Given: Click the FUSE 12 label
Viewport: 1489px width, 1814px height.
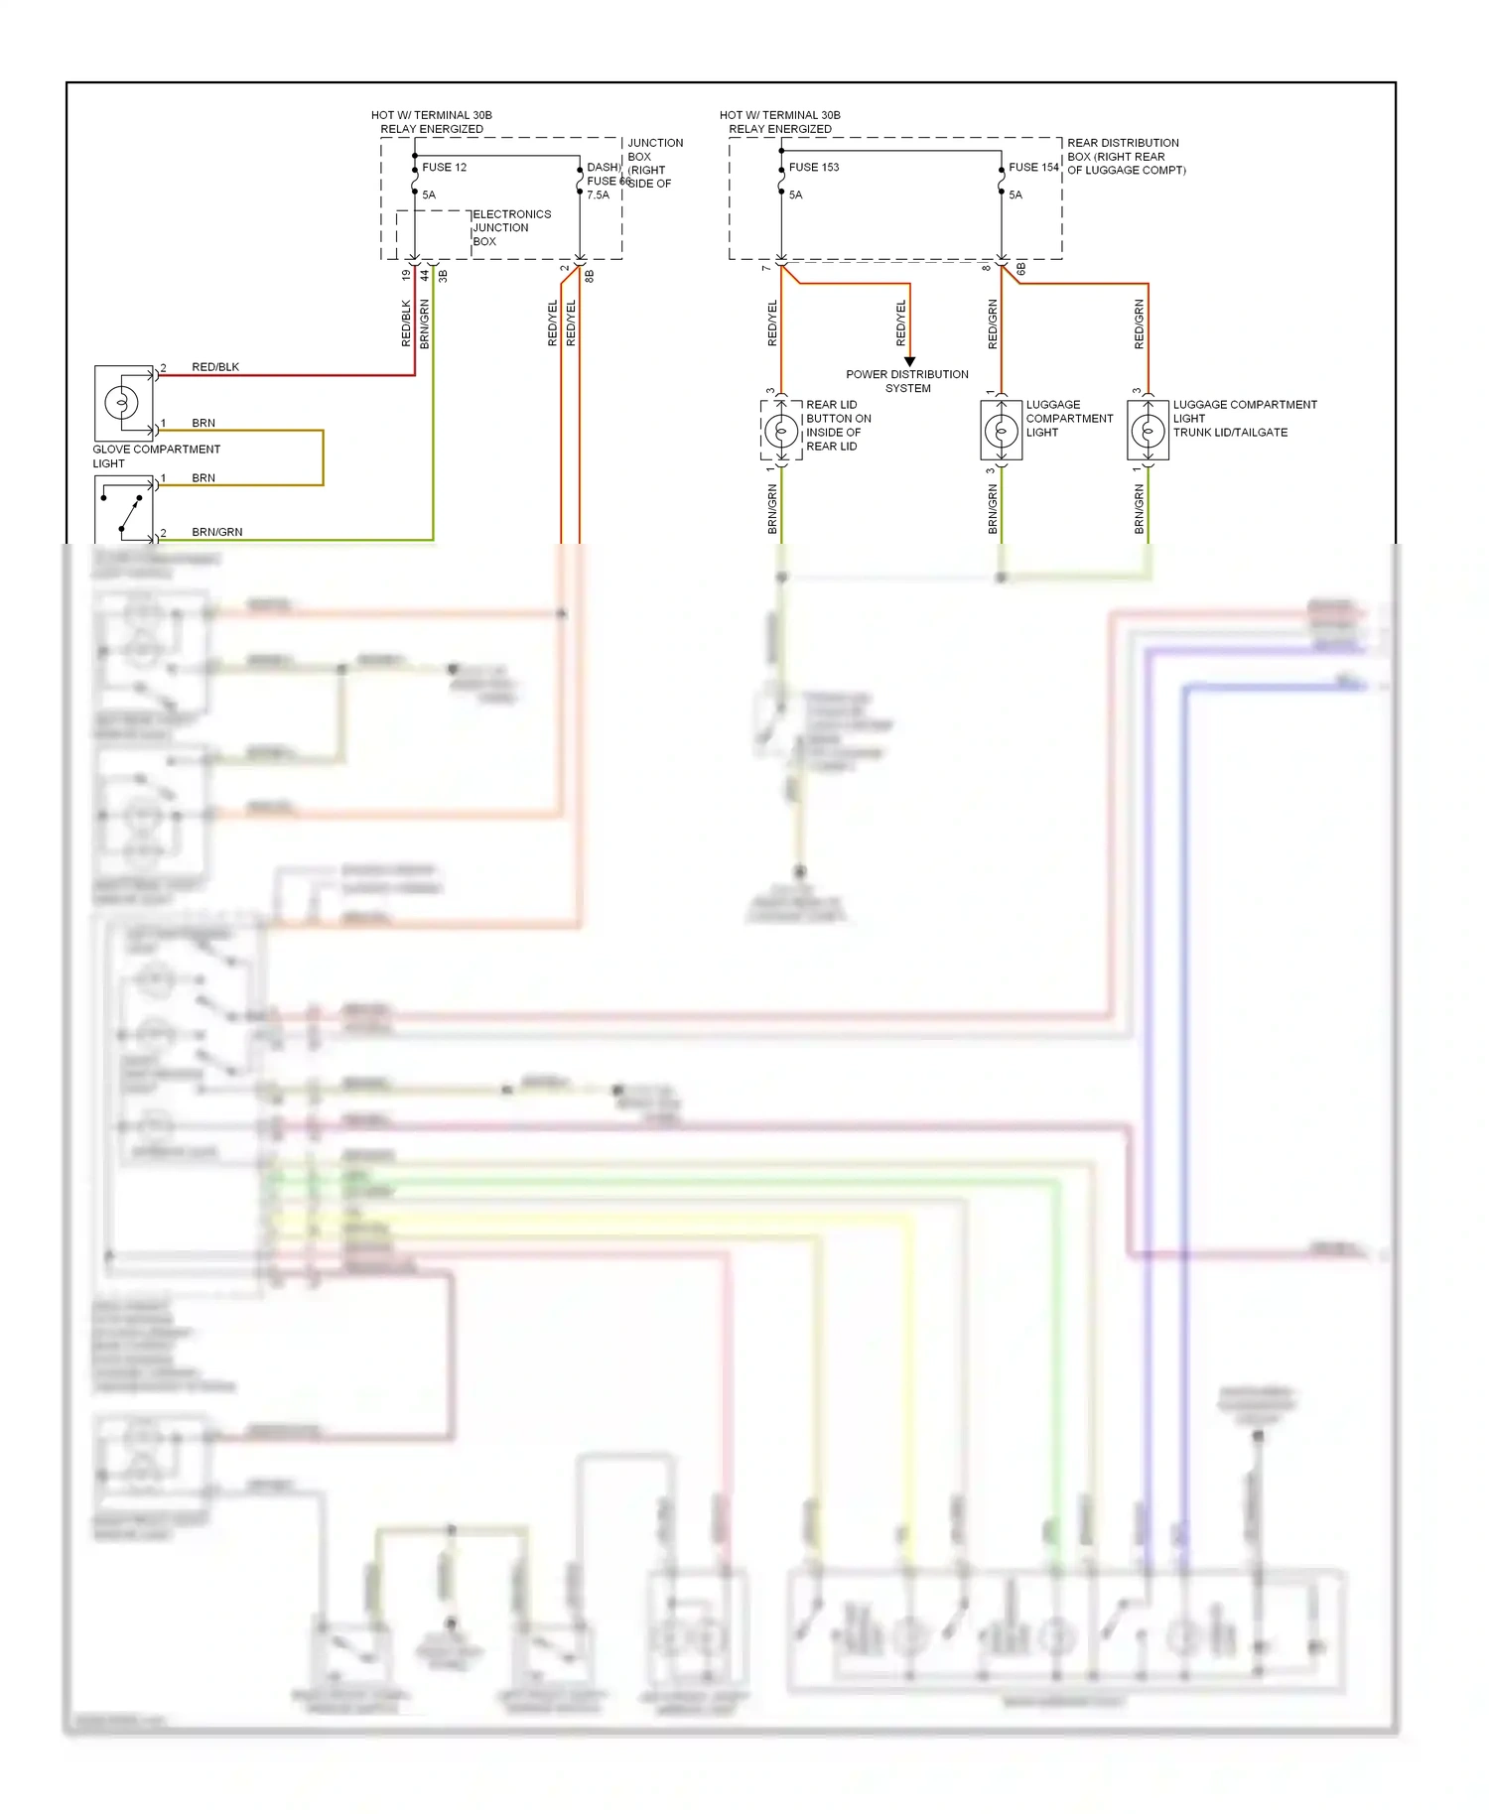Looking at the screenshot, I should [x=444, y=167].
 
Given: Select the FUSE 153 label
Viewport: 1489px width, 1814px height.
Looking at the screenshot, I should [x=813, y=167].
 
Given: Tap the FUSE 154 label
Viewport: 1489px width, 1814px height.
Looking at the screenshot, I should [x=1033, y=167].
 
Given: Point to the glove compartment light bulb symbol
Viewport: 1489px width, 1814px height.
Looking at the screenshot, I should [x=122, y=403].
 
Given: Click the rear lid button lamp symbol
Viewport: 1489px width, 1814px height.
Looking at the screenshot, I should [x=781, y=431].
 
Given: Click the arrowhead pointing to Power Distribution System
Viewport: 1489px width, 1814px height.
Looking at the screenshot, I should [x=909, y=361].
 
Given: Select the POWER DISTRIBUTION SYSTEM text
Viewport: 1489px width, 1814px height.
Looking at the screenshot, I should [x=907, y=381].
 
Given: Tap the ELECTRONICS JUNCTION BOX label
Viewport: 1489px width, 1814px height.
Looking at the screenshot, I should [x=510, y=227].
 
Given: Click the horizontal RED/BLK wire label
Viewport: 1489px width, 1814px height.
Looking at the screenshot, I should [x=215, y=367].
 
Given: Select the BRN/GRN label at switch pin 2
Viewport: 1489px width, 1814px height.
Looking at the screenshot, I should [x=216, y=532].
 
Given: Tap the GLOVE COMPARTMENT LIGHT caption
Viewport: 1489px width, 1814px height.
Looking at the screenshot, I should [x=156, y=455].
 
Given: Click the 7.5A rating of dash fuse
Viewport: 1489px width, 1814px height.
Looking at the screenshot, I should [x=598, y=194].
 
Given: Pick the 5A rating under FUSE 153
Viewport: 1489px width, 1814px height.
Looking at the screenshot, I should [x=795, y=194].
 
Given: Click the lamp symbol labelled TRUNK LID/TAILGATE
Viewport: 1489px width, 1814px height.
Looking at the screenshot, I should [x=1149, y=431].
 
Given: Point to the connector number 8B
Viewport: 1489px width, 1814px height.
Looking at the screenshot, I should [x=589, y=276].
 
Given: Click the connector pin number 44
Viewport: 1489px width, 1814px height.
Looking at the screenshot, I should [x=424, y=275].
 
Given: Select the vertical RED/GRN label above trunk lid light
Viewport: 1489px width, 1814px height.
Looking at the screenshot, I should [x=1139, y=324].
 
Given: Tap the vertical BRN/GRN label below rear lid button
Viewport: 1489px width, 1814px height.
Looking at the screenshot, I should [x=772, y=509].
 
